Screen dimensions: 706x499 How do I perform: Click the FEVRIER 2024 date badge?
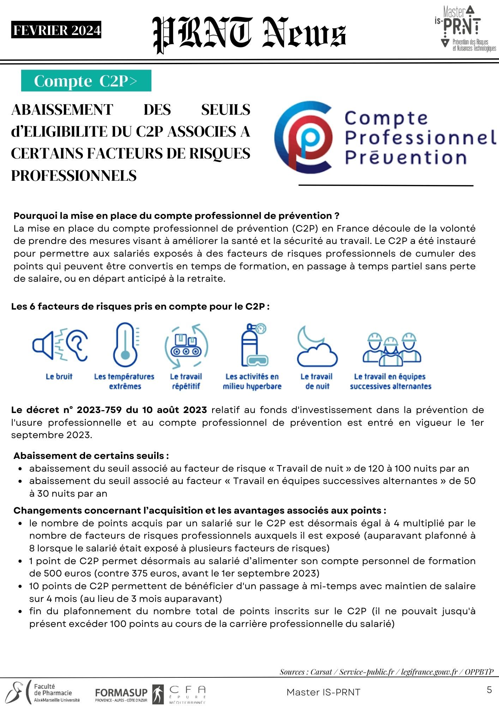click(x=56, y=30)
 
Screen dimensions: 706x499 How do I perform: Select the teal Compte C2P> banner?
click(x=86, y=81)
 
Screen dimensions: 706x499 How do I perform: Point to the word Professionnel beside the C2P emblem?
click(x=420, y=138)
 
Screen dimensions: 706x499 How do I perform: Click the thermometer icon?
click(x=125, y=346)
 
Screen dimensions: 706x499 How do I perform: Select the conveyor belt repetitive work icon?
click(x=186, y=346)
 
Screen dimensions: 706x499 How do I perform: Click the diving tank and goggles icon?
click(x=253, y=345)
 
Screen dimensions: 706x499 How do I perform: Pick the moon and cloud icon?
click(x=317, y=346)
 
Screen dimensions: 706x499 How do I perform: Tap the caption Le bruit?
click(x=59, y=377)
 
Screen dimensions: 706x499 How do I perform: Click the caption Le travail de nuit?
click(x=317, y=381)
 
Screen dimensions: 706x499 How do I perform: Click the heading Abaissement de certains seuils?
click(x=91, y=456)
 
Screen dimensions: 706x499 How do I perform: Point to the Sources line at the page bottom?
click(x=386, y=672)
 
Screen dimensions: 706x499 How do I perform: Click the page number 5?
click(x=489, y=690)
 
